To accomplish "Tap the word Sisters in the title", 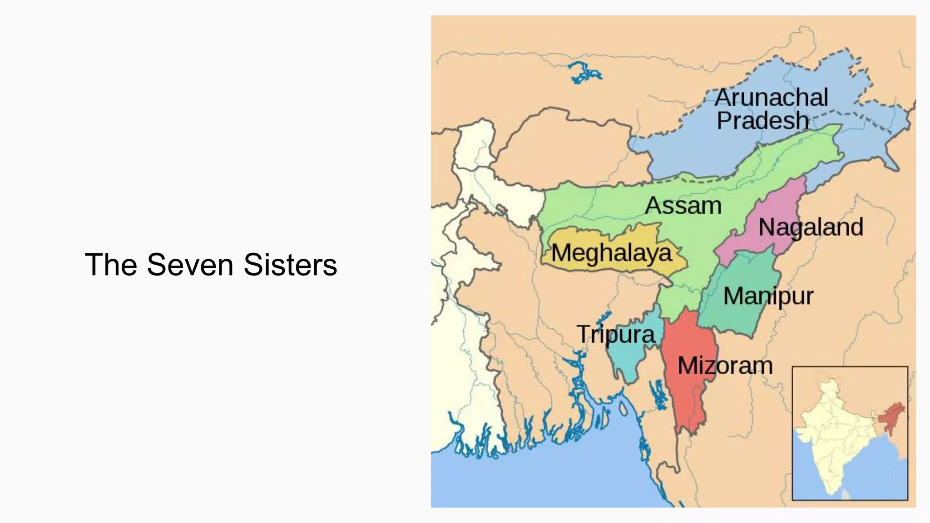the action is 290,265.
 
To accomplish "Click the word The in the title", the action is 111,265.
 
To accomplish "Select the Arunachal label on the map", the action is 771,98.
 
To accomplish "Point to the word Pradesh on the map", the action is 763,121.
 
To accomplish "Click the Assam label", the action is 683,206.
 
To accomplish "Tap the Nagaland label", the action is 811,227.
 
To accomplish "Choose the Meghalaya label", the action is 611,253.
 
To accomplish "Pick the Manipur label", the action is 768,296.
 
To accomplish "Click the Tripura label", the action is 616,335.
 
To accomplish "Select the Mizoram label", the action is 725,366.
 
